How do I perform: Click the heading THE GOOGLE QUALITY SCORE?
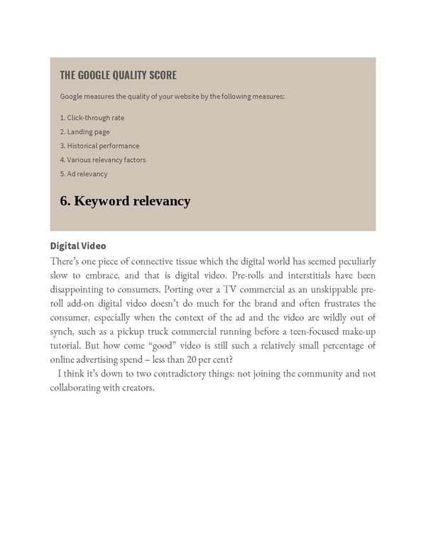coord(118,75)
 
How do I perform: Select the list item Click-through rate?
coord(92,118)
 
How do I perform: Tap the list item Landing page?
coord(84,132)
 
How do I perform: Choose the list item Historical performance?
coord(99,146)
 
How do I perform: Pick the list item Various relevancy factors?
coord(103,160)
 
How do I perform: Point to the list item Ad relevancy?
coord(84,174)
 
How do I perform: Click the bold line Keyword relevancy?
coord(125,201)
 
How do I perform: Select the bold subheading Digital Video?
coord(78,246)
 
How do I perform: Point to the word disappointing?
coord(80,289)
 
